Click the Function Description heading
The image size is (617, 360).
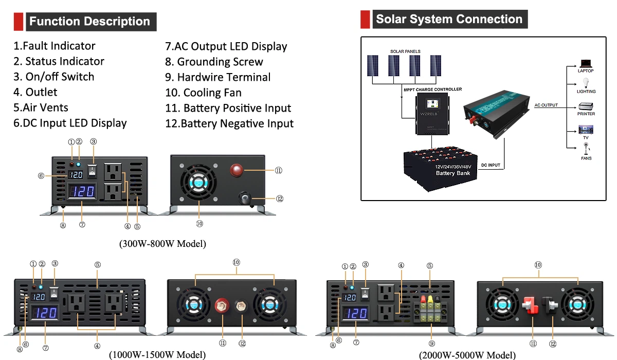[x=89, y=22]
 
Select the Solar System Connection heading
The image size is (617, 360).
[x=449, y=20]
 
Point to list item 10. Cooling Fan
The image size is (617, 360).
[x=203, y=93]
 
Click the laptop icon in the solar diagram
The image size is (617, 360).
[x=586, y=63]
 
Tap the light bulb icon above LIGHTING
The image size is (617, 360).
[x=586, y=82]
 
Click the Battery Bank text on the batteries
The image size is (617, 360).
[x=452, y=173]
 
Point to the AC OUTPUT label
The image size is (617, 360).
[x=546, y=105]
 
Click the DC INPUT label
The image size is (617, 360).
[x=491, y=166]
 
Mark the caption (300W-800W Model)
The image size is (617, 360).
[x=162, y=244]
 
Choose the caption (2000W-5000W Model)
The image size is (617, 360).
[x=467, y=354]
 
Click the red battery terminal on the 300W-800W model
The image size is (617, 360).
[x=236, y=170]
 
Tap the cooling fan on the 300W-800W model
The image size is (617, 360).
[x=198, y=184]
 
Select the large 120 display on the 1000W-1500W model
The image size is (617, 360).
[x=44, y=314]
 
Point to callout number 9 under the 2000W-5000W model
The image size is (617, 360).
[x=431, y=343]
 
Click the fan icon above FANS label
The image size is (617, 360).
[x=586, y=149]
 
